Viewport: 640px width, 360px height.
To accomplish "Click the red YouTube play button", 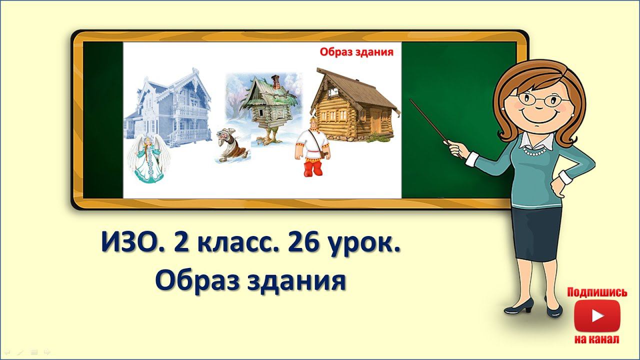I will [597, 316].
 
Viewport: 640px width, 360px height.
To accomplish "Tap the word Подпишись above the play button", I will [597, 292].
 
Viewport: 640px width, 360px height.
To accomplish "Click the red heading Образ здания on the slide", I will [356, 51].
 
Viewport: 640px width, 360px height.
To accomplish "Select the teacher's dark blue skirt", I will [536, 232].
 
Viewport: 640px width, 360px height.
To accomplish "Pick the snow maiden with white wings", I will [148, 160].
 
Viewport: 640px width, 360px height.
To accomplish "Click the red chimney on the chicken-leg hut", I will [274, 80].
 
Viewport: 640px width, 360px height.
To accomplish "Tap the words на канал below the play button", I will [596, 339].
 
